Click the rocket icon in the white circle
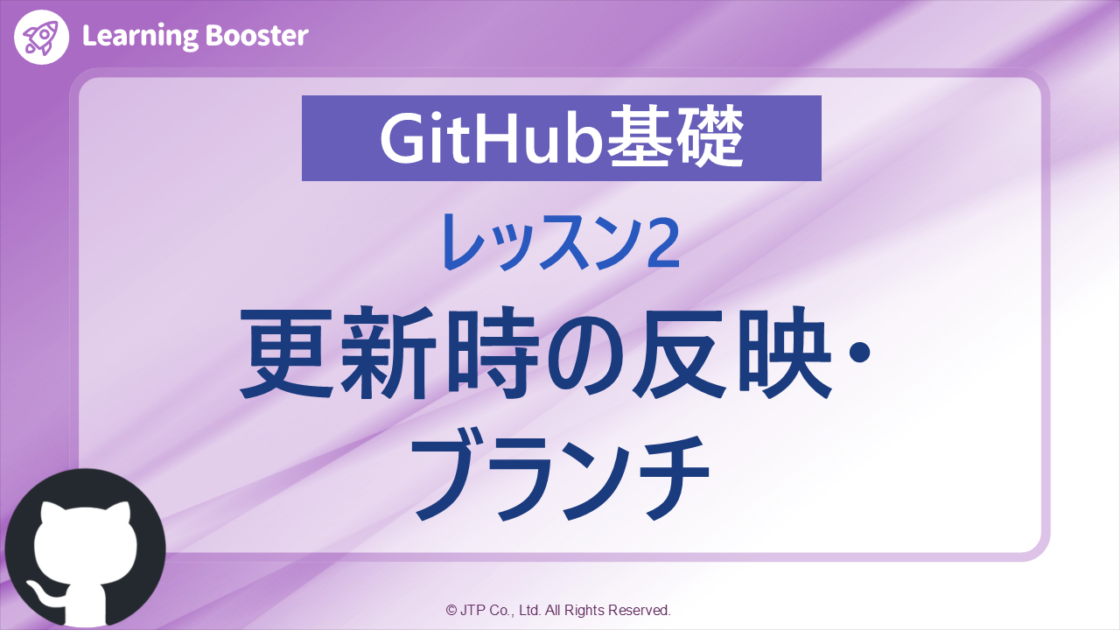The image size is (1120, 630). tap(41, 37)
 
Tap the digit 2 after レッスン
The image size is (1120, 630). tap(662, 241)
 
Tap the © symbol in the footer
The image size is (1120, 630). tap(451, 610)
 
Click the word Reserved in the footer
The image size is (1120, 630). tap(639, 610)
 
